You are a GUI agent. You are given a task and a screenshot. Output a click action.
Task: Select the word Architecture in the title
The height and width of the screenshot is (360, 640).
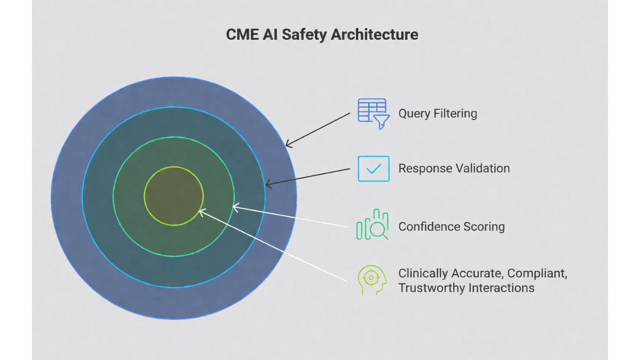coord(374,35)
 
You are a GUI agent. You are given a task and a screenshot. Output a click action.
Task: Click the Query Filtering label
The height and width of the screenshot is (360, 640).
coord(437,114)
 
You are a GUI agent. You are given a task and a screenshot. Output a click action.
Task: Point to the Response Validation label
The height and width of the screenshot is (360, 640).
coord(454,169)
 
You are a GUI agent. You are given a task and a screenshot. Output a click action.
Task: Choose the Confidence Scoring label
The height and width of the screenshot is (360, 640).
coord(451,227)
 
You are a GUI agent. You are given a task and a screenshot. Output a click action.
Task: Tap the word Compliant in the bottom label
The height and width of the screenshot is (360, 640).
coord(537,274)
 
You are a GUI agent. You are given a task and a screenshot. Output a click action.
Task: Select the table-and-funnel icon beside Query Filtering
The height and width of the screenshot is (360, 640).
coord(373,113)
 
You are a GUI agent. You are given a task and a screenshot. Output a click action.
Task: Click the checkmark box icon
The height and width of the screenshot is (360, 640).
coord(373,169)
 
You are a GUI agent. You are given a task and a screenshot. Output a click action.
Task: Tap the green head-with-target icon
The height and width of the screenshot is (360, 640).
coord(372,279)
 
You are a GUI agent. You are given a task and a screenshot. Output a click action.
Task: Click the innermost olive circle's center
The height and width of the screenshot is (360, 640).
coord(174,196)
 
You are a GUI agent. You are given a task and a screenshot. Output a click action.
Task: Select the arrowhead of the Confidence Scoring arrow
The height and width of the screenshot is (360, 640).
coord(235,206)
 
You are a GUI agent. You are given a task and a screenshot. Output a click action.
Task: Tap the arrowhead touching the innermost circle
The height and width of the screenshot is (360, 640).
coord(201,211)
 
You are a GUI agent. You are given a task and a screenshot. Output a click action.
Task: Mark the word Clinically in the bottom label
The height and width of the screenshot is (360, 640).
coord(423,274)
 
